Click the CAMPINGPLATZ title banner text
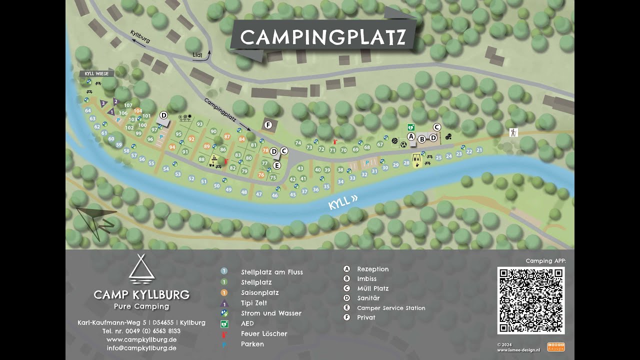(x=322, y=37)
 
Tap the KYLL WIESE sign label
(x=96, y=73)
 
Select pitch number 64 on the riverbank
(x=88, y=110)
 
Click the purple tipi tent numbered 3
(x=103, y=103)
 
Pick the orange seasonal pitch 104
(x=138, y=111)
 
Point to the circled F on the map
(x=268, y=125)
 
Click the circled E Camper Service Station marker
(x=276, y=165)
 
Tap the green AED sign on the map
(x=411, y=127)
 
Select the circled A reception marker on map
(x=411, y=136)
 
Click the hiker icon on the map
(x=513, y=132)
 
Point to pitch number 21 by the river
(x=479, y=150)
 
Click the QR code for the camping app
(x=531, y=300)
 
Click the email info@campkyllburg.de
(x=141, y=348)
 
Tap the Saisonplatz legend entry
(x=259, y=292)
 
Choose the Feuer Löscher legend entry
(x=264, y=333)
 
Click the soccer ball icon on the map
(x=403, y=143)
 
